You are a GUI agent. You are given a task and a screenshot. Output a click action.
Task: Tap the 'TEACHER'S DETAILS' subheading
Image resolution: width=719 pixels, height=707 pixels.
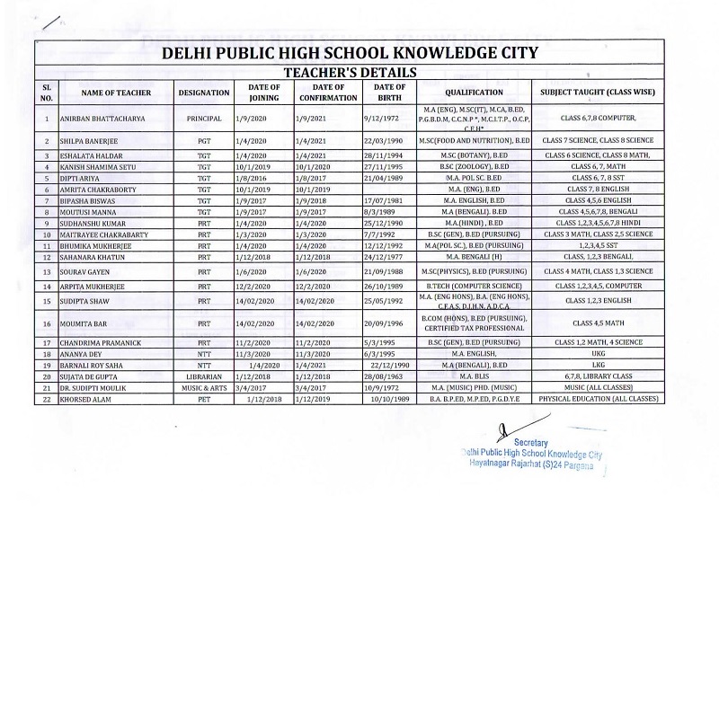coord(350,72)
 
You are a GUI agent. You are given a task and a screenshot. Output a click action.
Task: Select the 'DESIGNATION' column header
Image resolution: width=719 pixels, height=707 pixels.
coord(204,93)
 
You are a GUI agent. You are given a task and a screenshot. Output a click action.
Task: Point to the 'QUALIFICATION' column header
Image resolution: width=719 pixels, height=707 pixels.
coord(474,93)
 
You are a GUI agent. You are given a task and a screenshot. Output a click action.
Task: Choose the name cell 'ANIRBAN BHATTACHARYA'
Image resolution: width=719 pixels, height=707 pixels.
coord(102,119)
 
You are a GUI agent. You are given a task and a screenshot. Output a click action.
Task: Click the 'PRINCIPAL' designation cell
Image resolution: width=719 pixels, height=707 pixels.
coord(204,119)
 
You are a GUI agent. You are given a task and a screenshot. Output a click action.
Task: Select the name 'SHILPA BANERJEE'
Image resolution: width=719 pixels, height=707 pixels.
coord(88,142)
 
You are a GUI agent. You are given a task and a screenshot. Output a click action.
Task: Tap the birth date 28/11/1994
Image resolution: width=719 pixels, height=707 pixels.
coord(383,156)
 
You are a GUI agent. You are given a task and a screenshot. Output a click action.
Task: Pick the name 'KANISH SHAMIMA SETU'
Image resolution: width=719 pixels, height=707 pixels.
coord(96,167)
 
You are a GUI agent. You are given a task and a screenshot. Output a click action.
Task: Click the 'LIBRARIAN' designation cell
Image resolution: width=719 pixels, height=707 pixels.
coord(204,377)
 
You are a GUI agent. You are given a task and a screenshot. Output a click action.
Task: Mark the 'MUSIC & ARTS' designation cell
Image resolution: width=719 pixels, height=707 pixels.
coord(204,387)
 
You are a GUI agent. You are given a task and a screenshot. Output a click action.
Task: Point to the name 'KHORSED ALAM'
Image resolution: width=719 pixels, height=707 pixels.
coord(84,398)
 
